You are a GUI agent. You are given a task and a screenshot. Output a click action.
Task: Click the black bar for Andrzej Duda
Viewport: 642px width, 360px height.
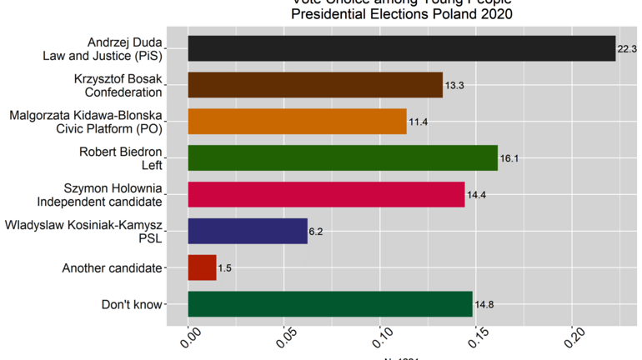coord(401,48)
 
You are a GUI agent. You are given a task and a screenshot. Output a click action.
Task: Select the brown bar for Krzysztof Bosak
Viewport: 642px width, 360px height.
coord(315,85)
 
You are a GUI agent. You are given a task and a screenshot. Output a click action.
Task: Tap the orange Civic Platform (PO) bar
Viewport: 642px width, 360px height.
coord(297,122)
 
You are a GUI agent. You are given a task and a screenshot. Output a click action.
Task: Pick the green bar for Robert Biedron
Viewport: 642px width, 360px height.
coord(343,157)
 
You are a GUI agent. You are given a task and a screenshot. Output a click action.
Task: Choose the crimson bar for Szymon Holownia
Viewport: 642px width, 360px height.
coord(326,194)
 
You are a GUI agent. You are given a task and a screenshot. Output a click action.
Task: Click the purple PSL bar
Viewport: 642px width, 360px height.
coord(248,231)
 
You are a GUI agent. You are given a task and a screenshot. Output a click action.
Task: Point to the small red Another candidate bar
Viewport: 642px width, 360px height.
coord(202,267)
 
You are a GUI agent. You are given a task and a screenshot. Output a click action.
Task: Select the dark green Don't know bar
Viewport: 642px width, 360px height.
coord(330,304)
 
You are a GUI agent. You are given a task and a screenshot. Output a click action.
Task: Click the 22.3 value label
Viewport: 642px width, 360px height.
coord(627,49)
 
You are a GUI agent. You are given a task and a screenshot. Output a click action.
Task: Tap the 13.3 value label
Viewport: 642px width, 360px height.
coord(454,86)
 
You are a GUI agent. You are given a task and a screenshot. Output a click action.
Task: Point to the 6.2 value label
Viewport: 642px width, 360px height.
coord(316,232)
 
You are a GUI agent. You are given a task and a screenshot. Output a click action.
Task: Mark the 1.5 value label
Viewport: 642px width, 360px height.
coord(225,268)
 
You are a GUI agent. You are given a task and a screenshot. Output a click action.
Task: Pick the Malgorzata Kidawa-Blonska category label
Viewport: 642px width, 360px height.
coord(86,122)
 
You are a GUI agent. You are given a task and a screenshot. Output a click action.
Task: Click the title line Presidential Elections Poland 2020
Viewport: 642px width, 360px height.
coord(401,14)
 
